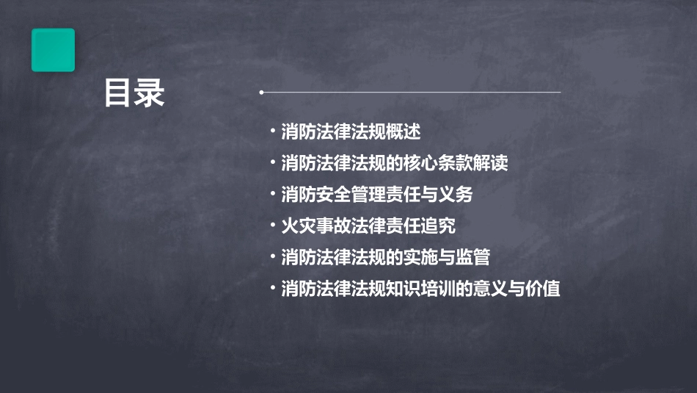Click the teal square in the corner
53,50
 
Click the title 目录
134,93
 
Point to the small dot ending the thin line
261,93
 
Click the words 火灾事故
313,226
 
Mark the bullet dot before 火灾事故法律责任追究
273,225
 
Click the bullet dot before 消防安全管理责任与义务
273,194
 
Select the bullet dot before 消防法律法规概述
273,131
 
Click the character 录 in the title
150,93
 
